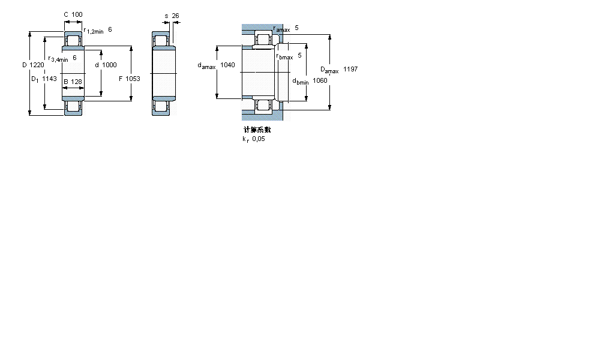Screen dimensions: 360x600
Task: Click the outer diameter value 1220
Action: tap(37, 65)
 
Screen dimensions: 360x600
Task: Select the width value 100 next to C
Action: tap(77, 14)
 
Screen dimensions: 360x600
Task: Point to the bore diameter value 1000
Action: tap(109, 65)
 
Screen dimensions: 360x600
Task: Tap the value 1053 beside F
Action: tap(133, 79)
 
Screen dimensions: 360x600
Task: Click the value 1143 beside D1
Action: tap(49, 79)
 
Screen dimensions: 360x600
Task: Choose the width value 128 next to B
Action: tap(76, 82)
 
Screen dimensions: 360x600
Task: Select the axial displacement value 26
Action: tap(176, 16)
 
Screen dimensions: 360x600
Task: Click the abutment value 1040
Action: tap(227, 65)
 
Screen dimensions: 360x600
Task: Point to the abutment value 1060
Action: tap(320, 80)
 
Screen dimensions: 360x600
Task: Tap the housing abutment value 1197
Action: tap(350, 70)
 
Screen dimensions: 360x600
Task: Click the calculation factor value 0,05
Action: tap(258, 139)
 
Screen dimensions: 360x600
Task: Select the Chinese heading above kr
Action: tap(257, 130)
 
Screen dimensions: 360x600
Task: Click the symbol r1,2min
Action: tap(94, 31)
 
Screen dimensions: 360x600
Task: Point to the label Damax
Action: tap(329, 70)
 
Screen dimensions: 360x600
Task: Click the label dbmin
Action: tap(300, 81)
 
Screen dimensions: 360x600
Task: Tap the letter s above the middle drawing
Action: tap(166, 16)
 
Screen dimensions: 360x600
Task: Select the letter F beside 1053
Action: tap(121, 79)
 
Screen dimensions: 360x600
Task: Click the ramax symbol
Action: tap(281, 28)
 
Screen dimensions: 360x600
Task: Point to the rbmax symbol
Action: tap(284, 56)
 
